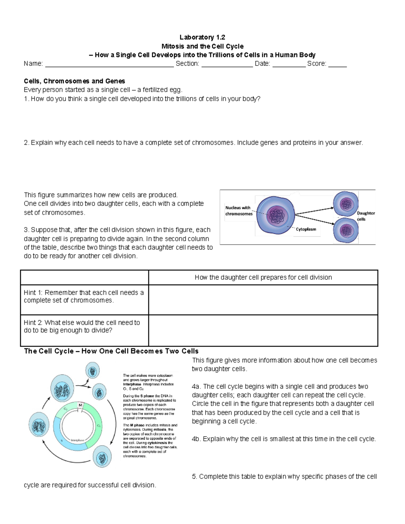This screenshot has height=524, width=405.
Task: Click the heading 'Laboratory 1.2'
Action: click(x=202, y=37)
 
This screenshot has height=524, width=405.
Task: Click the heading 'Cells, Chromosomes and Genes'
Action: click(x=74, y=81)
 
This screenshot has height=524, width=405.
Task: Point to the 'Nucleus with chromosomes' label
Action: click(x=239, y=211)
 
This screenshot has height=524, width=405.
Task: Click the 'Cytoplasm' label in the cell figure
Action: click(x=306, y=229)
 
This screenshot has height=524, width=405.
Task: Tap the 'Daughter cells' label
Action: click(x=366, y=216)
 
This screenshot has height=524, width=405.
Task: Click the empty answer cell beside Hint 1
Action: click(x=263, y=300)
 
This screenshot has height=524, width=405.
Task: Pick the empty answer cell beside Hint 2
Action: click(x=263, y=330)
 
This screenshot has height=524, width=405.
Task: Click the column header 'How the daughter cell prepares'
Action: click(x=263, y=277)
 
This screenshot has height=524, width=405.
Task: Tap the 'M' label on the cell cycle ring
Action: click(x=80, y=405)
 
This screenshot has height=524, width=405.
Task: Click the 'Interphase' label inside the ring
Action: click(x=78, y=440)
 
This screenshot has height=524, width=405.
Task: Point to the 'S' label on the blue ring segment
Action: click(x=61, y=440)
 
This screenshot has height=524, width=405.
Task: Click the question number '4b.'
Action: click(x=196, y=439)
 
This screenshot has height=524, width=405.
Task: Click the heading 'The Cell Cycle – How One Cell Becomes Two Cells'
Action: click(x=111, y=351)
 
